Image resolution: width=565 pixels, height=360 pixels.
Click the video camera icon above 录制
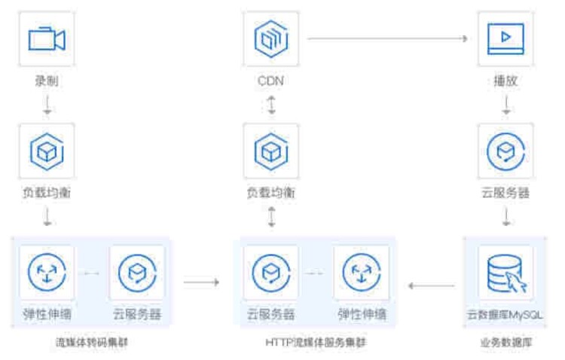tap(47, 38)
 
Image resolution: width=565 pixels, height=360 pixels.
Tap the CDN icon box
tap(270, 38)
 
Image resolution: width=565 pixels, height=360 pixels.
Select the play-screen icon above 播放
tap(505, 38)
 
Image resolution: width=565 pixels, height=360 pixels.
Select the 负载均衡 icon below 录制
tap(47, 151)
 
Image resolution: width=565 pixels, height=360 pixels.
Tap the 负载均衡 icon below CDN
tap(270, 151)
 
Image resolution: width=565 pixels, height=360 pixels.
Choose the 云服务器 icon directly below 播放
tap(505, 151)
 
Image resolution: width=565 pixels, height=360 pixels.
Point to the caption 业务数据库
tap(505, 343)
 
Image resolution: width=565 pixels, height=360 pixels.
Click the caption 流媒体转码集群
tap(90, 343)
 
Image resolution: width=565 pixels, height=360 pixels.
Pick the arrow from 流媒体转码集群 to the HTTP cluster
tap(201, 282)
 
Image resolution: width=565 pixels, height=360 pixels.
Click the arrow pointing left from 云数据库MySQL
tap(432, 285)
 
